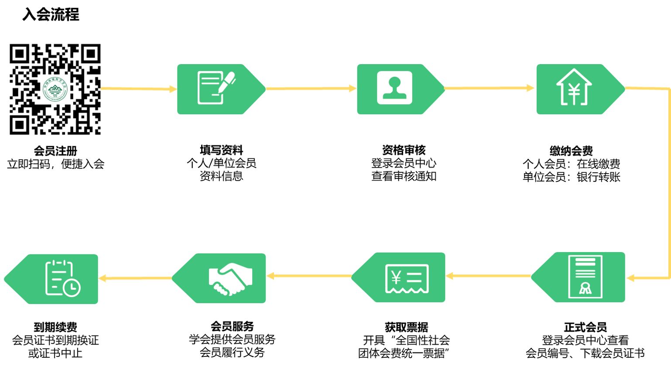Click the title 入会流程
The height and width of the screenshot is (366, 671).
pyautogui.click(x=51, y=14)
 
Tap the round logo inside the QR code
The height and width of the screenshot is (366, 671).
pyautogui.click(x=55, y=89)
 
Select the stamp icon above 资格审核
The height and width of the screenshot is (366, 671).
pyautogui.click(x=394, y=88)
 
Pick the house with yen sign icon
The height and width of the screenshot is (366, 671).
pyautogui.click(x=574, y=87)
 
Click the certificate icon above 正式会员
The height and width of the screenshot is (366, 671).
pyautogui.click(x=585, y=277)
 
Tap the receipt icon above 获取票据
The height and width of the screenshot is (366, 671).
pyautogui.click(x=407, y=278)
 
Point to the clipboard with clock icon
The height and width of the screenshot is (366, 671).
pyautogui.click(x=63, y=278)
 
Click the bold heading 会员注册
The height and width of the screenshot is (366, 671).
pyautogui.click(x=55, y=151)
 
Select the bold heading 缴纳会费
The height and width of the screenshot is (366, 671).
pyautogui.click(x=571, y=151)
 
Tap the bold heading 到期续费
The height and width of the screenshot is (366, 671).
pyautogui.click(x=55, y=327)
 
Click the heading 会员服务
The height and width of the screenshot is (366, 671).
pyautogui.click(x=232, y=326)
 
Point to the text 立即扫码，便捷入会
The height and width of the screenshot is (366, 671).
pyautogui.click(x=56, y=164)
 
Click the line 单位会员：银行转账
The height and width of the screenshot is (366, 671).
pyautogui.click(x=571, y=177)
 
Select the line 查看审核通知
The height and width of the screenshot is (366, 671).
pyautogui.click(x=404, y=176)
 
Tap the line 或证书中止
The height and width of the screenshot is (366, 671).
pyautogui.click(x=55, y=353)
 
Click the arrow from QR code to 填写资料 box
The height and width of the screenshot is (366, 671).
pyautogui.click(x=138, y=89)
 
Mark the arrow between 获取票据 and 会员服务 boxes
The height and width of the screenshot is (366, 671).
pyautogui.click(x=309, y=276)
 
